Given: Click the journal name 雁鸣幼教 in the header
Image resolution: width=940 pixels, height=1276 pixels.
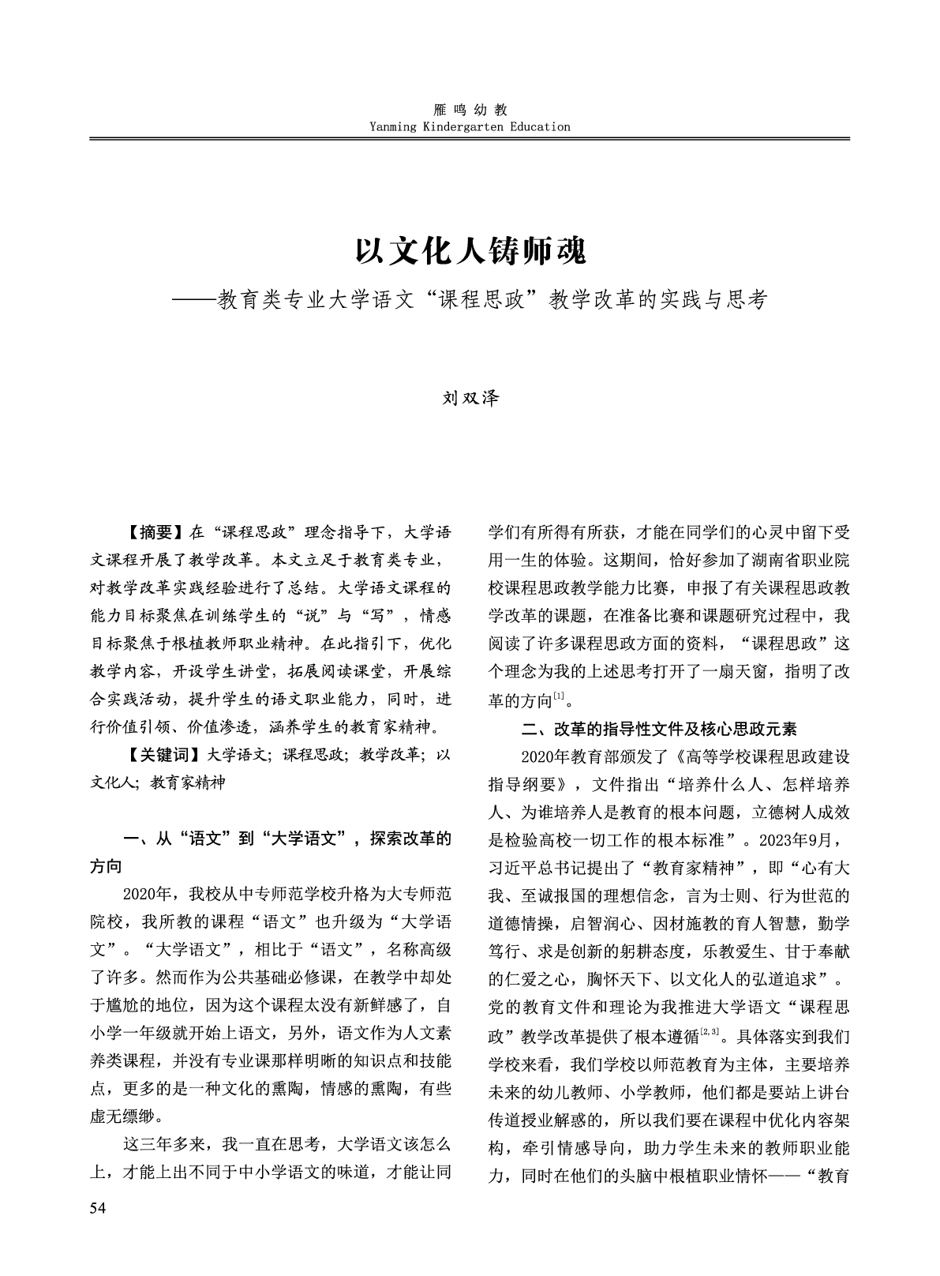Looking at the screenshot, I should (x=470, y=110).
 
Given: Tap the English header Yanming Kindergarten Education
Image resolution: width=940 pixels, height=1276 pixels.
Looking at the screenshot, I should (x=470, y=126).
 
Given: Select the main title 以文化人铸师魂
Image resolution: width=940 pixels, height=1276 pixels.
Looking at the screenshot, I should (x=470, y=252).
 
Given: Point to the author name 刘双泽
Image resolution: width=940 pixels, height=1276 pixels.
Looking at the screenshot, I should (x=470, y=398).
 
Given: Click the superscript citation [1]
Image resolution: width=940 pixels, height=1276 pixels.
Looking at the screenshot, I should (x=558, y=695).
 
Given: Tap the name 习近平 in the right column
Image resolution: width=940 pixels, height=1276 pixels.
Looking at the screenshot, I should (x=515, y=867).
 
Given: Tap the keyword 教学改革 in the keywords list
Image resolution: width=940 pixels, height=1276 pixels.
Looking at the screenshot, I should (x=389, y=754).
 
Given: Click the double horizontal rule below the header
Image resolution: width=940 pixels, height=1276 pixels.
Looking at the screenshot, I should (x=470, y=139).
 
